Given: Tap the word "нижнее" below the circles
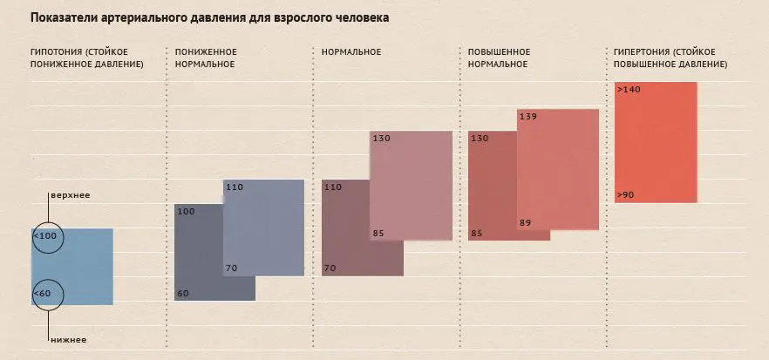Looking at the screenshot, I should [67, 340].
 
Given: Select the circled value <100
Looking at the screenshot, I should [45, 236].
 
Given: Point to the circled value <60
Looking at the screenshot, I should [43, 294].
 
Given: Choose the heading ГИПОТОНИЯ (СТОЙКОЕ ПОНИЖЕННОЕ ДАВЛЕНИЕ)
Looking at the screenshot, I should [86, 58].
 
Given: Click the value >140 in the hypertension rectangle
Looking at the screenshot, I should [628, 90].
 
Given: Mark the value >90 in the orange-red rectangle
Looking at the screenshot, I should [625, 195].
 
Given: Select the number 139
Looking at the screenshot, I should [527, 116].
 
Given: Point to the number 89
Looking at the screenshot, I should [525, 223].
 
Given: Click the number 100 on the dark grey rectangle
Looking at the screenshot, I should [186, 211].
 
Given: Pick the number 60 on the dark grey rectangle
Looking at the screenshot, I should [183, 293].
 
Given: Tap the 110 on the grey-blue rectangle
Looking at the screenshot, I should [235, 187].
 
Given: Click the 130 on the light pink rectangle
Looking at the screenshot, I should [381, 139].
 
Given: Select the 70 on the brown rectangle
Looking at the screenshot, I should [330, 268].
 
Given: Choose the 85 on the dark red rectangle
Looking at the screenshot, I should [477, 233].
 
